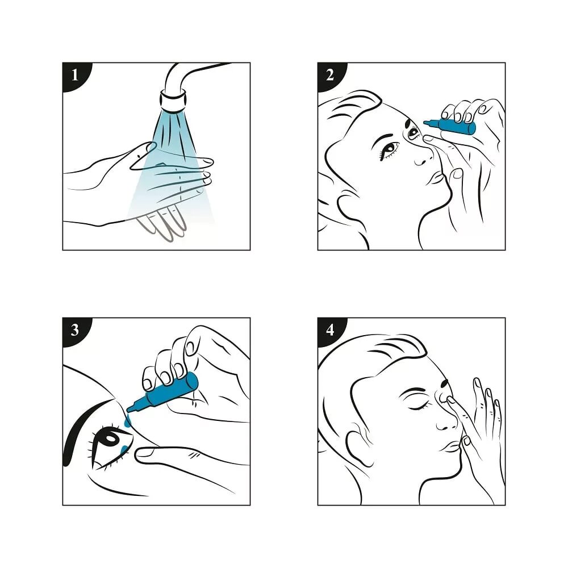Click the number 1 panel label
point(75,76)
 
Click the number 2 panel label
point(330,76)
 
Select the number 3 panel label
point(75,331)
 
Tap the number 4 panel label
point(330,331)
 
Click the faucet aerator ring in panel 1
point(173,102)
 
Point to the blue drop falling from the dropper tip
point(127,422)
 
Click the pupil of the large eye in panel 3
point(111,440)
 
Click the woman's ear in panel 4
point(358,444)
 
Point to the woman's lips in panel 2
point(436,177)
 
